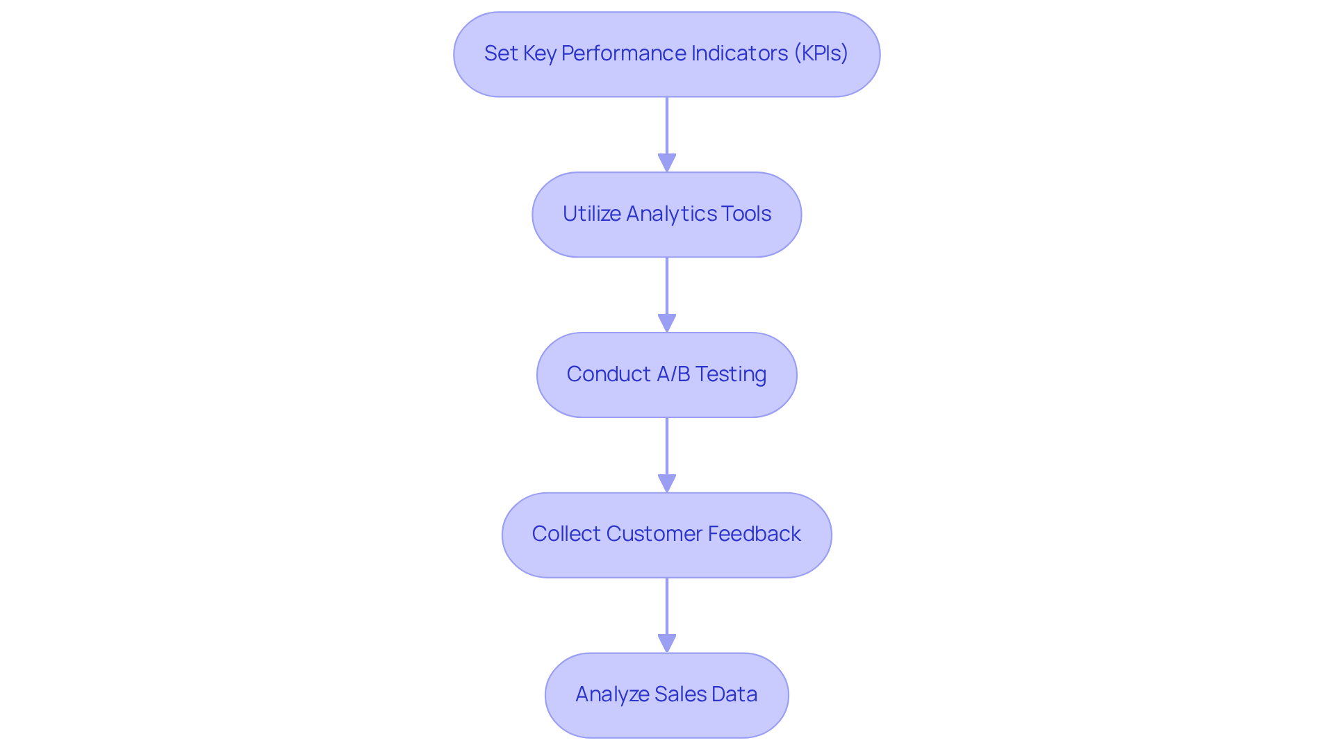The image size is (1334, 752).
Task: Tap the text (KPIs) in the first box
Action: coord(821,53)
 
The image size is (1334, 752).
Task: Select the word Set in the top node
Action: coord(500,53)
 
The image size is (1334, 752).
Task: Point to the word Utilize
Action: coord(591,214)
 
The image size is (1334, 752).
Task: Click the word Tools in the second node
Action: coord(746,214)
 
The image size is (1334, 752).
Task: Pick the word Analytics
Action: coord(671,214)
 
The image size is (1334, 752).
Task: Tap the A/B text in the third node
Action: coord(673,374)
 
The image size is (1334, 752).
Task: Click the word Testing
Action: coord(731,374)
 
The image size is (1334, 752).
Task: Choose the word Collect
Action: coord(566,534)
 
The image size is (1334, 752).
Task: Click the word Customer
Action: coord(653,534)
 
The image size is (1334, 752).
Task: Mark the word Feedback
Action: coord(754,534)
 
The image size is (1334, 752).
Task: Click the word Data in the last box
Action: coord(734,694)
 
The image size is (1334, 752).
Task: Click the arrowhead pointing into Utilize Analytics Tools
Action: coord(667,162)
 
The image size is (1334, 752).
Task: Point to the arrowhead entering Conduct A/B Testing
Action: coord(667,323)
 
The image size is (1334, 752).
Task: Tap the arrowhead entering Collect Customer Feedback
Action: coord(667,483)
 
